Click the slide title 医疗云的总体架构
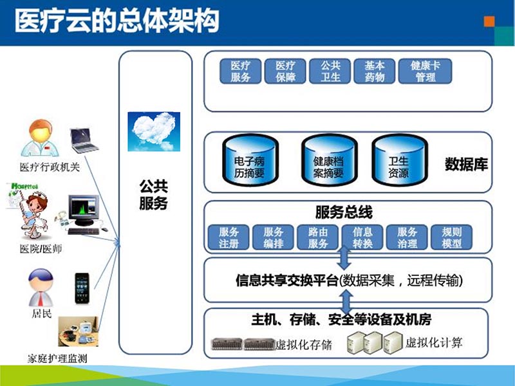[116, 22]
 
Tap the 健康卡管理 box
[425, 71]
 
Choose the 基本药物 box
[374, 71]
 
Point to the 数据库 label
[466, 164]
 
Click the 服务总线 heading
[344, 212]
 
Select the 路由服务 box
[318, 237]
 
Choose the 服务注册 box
[229, 237]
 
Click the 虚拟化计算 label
[433, 342]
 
